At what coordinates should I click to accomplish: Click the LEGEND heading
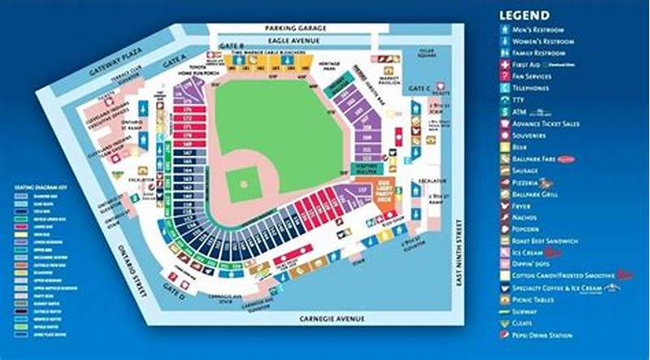524,15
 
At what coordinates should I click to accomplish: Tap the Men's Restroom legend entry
541,30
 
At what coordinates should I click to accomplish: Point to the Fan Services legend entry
535,76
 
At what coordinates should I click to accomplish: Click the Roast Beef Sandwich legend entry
544,241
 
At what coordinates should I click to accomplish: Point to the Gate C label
419,88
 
